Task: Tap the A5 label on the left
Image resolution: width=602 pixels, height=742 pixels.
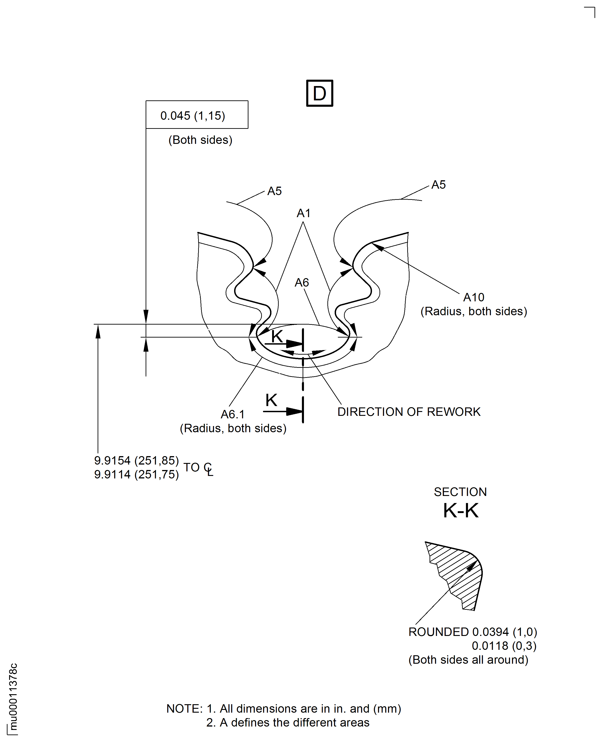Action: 274,191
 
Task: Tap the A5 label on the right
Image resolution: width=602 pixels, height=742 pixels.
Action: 438,185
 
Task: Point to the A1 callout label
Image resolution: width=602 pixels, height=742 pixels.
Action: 304,213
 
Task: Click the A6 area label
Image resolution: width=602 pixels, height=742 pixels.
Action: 302,283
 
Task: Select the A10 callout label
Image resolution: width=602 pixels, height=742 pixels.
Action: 474,297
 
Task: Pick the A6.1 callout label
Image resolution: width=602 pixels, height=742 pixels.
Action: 233,414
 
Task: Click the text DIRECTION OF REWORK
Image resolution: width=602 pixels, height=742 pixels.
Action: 409,412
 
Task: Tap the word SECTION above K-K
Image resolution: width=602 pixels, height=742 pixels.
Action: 460,492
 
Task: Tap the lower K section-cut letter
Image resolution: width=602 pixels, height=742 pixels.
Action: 271,400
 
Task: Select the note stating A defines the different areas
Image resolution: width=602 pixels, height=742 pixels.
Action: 288,723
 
